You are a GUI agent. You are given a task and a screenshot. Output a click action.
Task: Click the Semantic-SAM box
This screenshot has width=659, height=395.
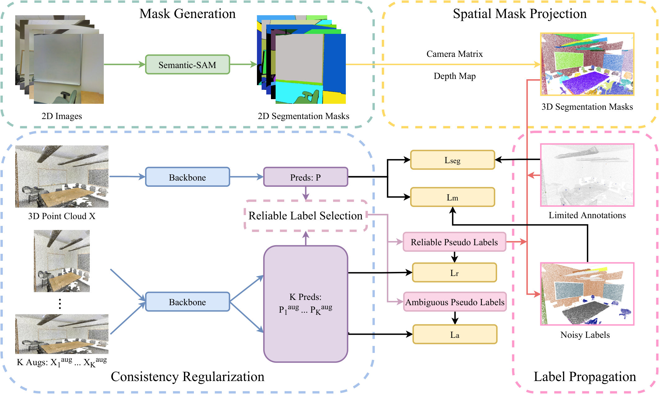click(x=187, y=65)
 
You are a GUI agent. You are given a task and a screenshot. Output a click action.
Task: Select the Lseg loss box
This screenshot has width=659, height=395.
click(x=452, y=160)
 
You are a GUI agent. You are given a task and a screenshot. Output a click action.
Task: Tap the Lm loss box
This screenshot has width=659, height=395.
click(x=452, y=197)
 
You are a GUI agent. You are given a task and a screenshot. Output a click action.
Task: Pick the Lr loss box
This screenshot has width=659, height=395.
click(x=454, y=273)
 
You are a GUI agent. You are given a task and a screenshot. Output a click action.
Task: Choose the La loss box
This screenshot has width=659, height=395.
click(x=455, y=334)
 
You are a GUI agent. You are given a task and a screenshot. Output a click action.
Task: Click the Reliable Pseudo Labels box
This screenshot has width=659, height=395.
click(x=454, y=242)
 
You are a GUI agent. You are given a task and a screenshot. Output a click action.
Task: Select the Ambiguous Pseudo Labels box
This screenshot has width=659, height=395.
click(x=455, y=302)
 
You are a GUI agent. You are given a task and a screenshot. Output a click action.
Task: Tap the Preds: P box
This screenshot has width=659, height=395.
click(x=306, y=177)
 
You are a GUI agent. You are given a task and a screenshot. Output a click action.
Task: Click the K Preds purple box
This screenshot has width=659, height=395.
click(x=306, y=304)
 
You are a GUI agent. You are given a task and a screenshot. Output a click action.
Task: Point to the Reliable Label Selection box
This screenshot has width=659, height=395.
click(x=306, y=215)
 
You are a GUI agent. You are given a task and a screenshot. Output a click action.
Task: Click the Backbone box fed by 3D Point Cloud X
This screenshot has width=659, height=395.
click(x=187, y=177)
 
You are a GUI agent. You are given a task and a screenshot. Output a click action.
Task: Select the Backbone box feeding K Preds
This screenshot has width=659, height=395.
click(x=187, y=301)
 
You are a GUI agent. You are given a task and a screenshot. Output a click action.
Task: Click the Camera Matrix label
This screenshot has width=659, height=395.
click(x=455, y=54)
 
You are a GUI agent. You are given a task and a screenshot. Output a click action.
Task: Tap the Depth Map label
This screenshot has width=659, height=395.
click(x=455, y=76)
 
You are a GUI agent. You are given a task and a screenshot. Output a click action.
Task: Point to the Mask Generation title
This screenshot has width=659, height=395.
click(x=187, y=14)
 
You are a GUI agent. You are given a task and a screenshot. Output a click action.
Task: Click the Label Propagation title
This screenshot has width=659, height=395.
click(x=585, y=377)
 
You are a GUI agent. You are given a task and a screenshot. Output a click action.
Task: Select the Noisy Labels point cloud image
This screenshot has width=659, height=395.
click(x=587, y=294)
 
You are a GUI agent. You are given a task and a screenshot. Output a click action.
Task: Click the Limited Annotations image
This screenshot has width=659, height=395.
click(x=587, y=175)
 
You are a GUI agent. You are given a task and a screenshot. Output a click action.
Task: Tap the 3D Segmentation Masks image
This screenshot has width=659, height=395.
click(x=587, y=64)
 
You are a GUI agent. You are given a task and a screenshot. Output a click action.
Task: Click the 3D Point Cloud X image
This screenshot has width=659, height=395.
click(x=62, y=176)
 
